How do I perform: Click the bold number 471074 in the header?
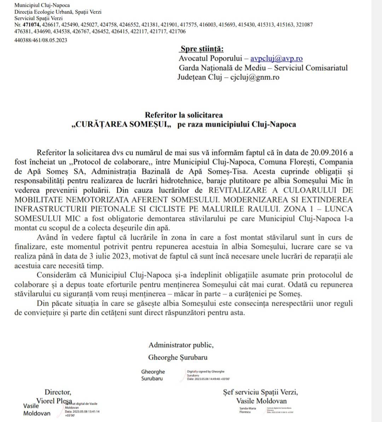coord(31,25)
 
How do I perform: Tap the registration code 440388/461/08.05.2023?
coord(41,40)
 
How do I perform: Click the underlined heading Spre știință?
coord(202,49)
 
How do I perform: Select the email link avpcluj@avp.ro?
coord(276,58)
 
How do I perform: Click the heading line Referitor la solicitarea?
coord(184,115)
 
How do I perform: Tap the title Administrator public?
coord(181,345)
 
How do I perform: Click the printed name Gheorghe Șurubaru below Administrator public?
coord(178,357)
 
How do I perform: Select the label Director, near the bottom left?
coord(58,392)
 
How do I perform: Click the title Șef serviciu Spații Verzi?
coord(260,392)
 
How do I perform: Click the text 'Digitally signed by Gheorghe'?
coord(206,372)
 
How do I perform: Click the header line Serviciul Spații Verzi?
coord(39,18)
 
